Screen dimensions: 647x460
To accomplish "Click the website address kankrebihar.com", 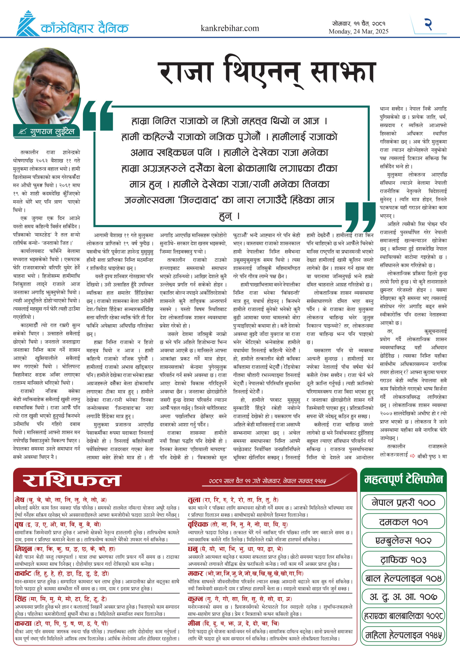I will (x=230, y=28).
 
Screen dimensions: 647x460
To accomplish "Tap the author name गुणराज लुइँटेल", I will (x=52, y=131).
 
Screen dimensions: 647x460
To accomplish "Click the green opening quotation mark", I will (x=98, y=115).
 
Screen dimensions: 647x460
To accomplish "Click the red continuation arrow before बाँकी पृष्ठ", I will (x=413, y=456).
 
